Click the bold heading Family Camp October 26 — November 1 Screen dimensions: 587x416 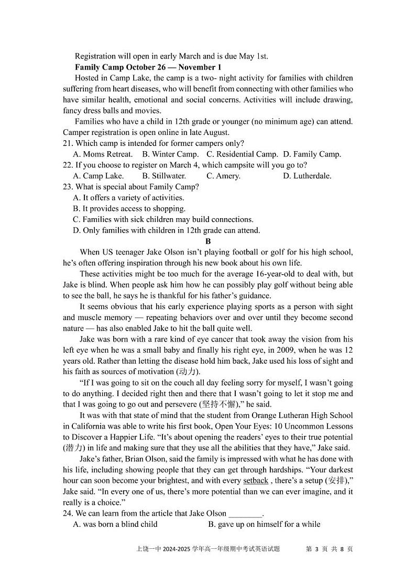click(x=148, y=67)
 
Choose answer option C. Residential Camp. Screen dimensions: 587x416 click(x=242, y=154)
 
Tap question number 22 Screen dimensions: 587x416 click(x=68, y=165)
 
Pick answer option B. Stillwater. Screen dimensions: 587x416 click(x=164, y=176)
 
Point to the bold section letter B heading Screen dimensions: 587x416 click(x=208, y=241)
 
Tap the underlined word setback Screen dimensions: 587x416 click(x=256, y=481)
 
